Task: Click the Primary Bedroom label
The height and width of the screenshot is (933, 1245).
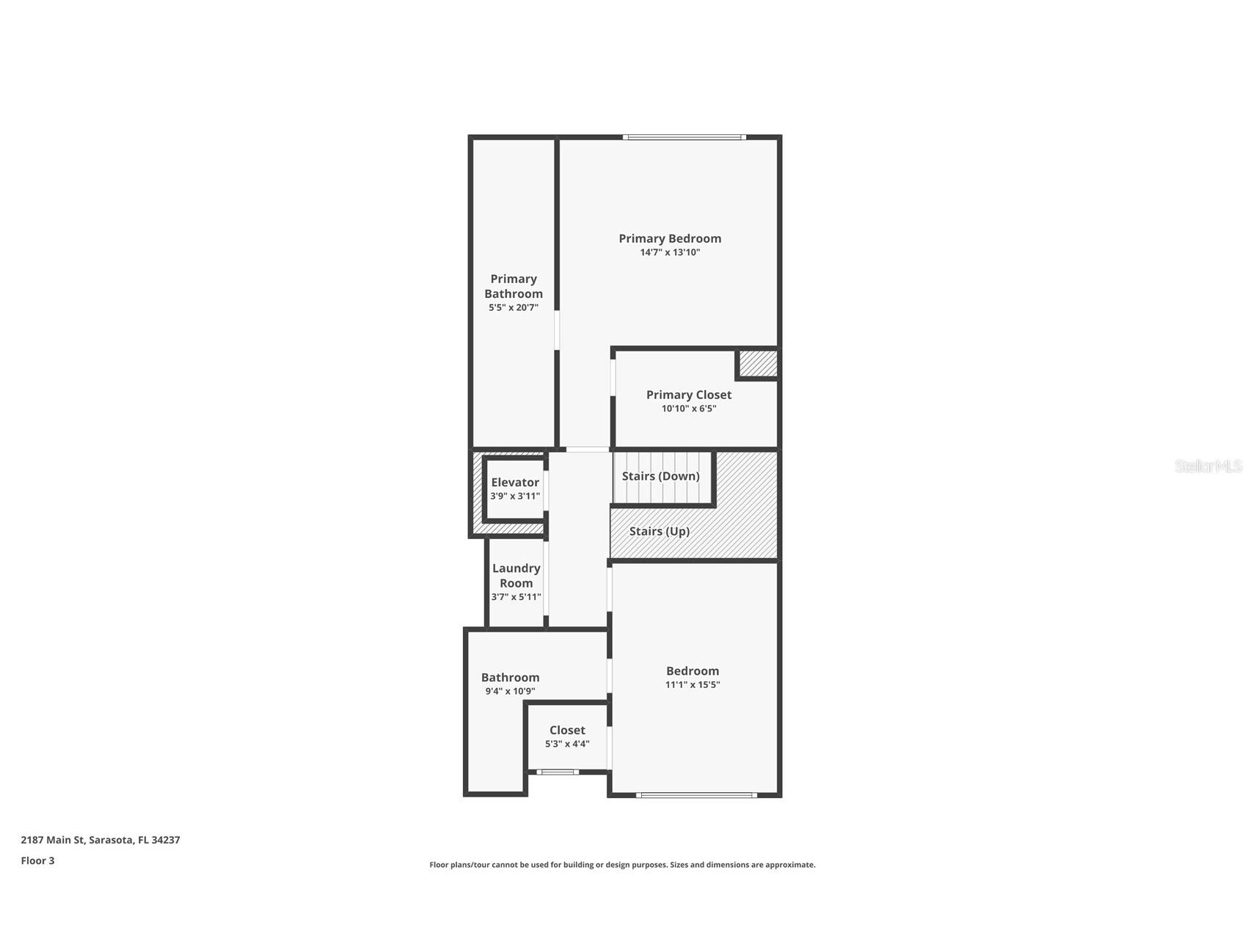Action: [670, 238]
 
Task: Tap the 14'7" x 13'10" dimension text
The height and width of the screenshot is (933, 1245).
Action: [670, 252]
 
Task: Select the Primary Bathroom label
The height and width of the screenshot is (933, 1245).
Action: [514, 286]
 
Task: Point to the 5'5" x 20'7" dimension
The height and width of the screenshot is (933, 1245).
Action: [514, 307]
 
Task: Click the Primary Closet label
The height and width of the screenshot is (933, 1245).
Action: [689, 395]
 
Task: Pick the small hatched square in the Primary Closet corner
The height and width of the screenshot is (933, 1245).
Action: [758, 364]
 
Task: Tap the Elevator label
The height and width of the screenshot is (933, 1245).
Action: [515, 482]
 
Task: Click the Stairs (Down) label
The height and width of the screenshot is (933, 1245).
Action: [661, 476]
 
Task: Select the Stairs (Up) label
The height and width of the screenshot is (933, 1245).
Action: [660, 531]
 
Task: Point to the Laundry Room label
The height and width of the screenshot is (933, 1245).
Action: [516, 576]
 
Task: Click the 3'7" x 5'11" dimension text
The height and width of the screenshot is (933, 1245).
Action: [516, 597]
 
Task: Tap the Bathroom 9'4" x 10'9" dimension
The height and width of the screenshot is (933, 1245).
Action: [510, 691]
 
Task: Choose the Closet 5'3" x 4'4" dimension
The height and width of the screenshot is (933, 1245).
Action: [567, 744]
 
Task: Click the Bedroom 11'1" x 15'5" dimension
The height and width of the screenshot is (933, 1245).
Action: [693, 684]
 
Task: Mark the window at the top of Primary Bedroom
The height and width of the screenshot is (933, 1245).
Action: [684, 137]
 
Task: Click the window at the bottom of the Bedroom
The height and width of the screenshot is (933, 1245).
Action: [696, 794]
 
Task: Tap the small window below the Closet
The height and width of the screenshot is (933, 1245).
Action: [558, 772]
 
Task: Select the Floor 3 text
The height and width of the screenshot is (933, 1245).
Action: [37, 860]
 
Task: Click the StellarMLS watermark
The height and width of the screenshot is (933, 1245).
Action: [1208, 466]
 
